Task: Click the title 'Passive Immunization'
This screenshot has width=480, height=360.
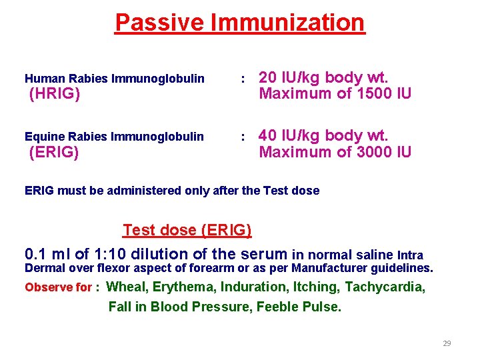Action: (x=240, y=23)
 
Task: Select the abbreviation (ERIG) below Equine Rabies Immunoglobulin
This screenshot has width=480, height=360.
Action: (x=55, y=153)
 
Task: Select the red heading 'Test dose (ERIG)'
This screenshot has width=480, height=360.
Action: (x=187, y=231)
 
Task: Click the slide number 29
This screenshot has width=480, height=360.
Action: (x=447, y=343)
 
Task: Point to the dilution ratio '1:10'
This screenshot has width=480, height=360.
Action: (x=118, y=254)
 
